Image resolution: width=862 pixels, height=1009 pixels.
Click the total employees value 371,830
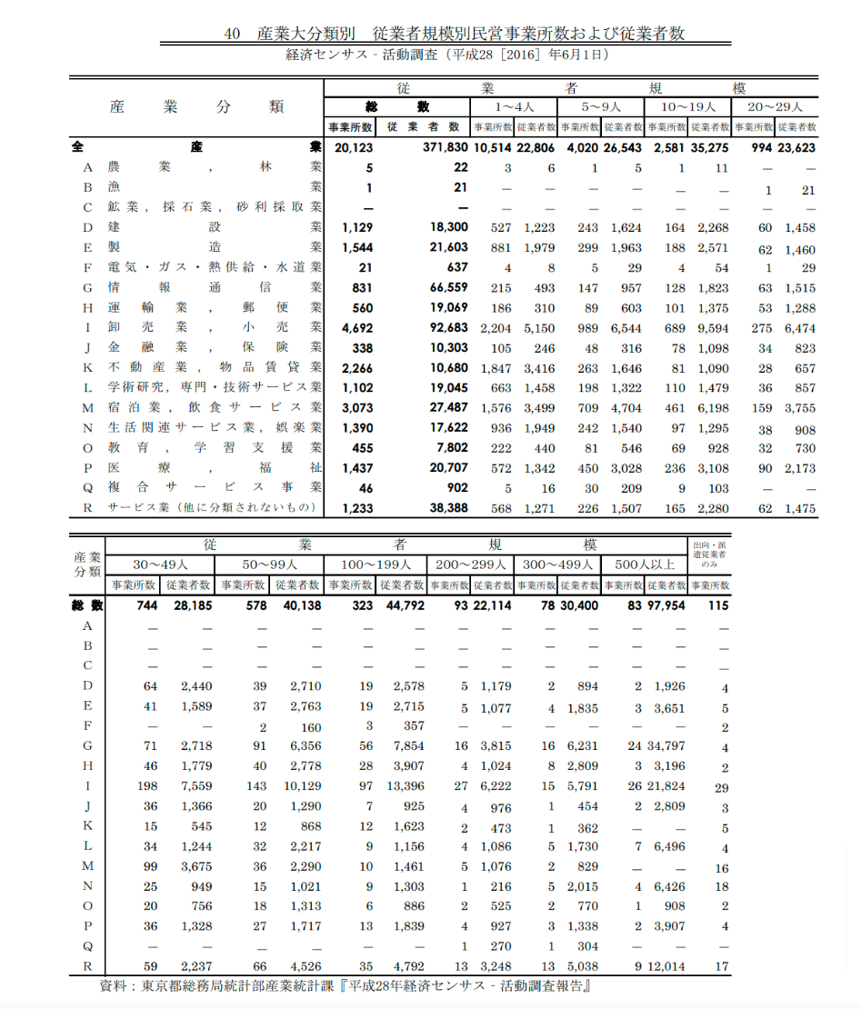click(x=446, y=147)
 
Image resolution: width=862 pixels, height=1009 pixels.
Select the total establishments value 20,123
click(x=354, y=147)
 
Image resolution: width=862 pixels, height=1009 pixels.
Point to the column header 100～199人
click(x=376, y=564)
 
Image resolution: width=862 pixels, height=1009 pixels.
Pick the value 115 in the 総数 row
click(x=717, y=606)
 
